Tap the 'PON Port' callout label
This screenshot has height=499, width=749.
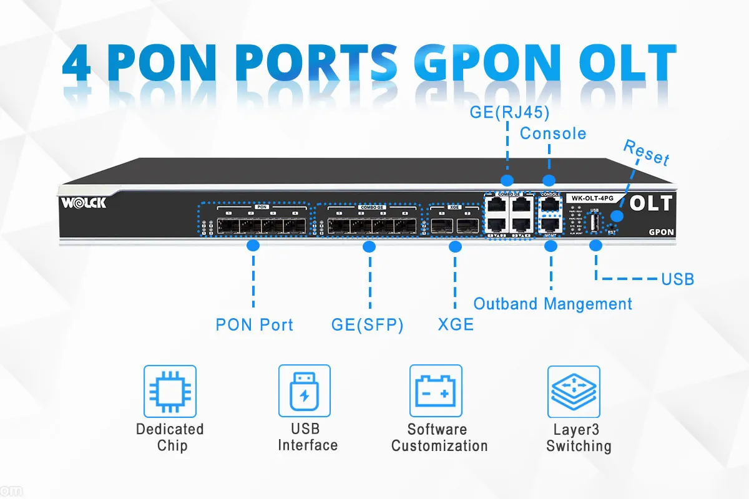click(x=254, y=324)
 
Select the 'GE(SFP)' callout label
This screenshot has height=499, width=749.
click(x=368, y=324)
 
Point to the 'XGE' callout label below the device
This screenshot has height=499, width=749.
click(x=456, y=324)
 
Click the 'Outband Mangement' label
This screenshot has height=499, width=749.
click(x=552, y=304)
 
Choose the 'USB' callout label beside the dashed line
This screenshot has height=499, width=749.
click(x=677, y=279)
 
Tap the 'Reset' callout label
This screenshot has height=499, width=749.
click(x=647, y=152)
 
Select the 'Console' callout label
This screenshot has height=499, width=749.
click(x=553, y=133)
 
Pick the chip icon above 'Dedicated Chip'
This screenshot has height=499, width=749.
click(x=170, y=391)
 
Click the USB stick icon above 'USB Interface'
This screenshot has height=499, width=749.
click(x=304, y=391)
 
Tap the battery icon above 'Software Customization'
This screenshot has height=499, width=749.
click(x=436, y=391)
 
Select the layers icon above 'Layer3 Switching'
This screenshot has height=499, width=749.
click(x=574, y=391)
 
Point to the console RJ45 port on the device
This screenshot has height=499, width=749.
click(x=550, y=204)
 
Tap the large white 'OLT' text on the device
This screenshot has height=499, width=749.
click(x=651, y=203)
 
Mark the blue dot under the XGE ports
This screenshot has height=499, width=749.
click(x=455, y=247)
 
